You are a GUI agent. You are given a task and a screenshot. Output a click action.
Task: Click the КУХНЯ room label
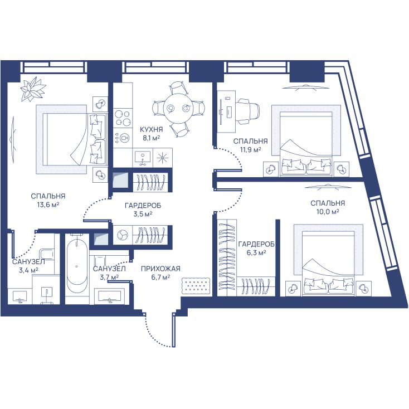coord(152,129)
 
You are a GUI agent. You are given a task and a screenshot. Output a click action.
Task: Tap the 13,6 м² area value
coord(48,204)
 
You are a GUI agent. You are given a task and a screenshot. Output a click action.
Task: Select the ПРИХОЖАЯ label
coord(160,269)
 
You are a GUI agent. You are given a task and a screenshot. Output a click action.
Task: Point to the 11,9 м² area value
coord(250,150)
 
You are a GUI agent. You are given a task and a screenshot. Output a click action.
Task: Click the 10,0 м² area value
coord(328,212)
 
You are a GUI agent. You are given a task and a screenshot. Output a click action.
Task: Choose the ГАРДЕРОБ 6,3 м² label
coord(256,248)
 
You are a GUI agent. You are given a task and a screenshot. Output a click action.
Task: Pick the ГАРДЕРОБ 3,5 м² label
coord(143,210)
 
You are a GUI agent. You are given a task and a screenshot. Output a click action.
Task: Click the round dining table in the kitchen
coord(178,108)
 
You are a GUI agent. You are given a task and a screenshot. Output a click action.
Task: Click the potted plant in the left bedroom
coord(33,90)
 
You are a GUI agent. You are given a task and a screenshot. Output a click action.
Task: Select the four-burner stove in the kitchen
coord(123,118)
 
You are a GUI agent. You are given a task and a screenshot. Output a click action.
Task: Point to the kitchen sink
coord(143,158)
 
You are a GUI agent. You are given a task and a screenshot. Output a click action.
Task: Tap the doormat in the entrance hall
coord(196,286)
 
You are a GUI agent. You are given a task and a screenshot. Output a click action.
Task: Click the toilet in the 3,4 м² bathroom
coord(47,254)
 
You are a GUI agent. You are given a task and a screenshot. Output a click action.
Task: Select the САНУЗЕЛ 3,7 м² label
coord(109,273)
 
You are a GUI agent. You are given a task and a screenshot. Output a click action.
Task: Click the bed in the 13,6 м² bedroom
coord(75,139)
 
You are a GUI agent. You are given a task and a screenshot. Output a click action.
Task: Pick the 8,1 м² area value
coord(152,138)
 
